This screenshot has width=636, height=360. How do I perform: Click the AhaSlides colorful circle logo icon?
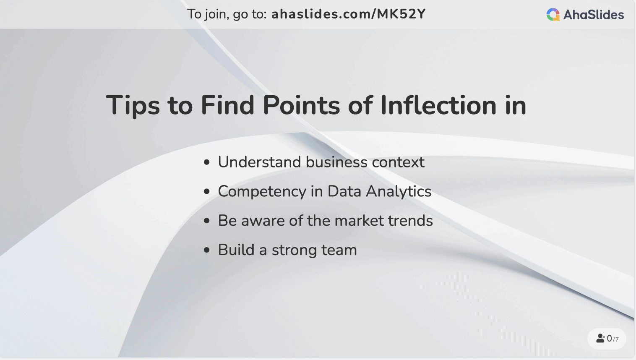[553, 15]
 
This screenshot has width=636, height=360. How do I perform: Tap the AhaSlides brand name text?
[593, 15]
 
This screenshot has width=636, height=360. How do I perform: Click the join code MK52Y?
[401, 14]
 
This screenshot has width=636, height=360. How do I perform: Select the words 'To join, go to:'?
[227, 14]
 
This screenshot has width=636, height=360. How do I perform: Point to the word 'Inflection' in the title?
[438, 105]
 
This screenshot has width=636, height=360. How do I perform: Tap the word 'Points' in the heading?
[301, 105]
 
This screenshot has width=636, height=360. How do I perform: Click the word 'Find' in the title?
[227, 105]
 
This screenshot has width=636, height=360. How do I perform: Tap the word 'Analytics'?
[399, 192]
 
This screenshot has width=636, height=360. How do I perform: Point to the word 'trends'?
[410, 221]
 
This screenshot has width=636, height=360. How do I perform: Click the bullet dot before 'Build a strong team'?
[207, 250]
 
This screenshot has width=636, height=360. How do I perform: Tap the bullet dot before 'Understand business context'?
[207, 162]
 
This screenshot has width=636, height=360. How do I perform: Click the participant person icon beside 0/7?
[600, 338]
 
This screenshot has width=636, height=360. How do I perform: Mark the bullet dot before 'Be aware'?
[207, 221]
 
